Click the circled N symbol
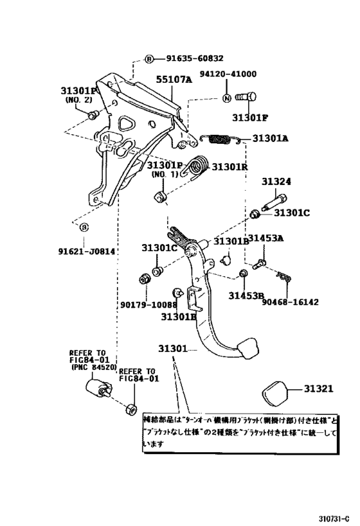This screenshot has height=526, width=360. click(226, 98)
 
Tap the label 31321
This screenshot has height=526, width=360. click(318, 389)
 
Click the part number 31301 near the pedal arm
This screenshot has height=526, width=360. click(173, 349)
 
